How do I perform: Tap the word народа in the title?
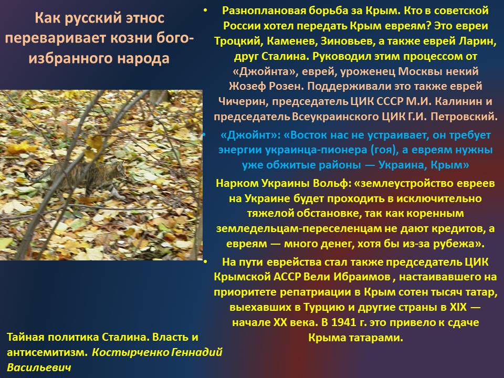[x=143, y=59]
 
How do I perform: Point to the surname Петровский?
[x=464, y=117]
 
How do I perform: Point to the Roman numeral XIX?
[x=458, y=307]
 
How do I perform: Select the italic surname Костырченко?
[x=130, y=352]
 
